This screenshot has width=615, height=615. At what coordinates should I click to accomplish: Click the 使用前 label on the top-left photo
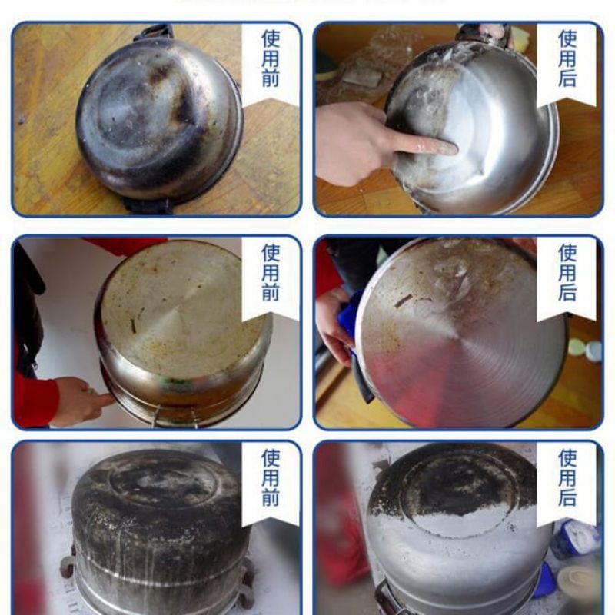click(x=271, y=58)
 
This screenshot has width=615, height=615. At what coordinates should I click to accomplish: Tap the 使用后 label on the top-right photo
click(x=567, y=58)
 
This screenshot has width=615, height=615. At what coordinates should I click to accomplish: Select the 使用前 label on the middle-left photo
click(x=271, y=272)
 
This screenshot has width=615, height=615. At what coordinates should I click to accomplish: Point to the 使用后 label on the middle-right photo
click(x=567, y=272)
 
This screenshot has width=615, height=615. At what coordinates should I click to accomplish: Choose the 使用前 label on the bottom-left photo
click(x=271, y=477)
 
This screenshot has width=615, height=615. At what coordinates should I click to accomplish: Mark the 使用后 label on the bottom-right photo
click(x=567, y=477)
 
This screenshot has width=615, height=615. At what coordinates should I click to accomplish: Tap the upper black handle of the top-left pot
click(x=155, y=32)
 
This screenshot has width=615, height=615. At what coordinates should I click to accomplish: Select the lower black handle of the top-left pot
click(x=148, y=205)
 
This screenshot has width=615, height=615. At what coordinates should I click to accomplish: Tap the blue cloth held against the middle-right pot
click(x=348, y=322)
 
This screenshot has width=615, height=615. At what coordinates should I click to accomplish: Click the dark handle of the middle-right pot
click(x=361, y=380)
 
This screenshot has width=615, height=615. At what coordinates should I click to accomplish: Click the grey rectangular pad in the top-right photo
click(x=363, y=75)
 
